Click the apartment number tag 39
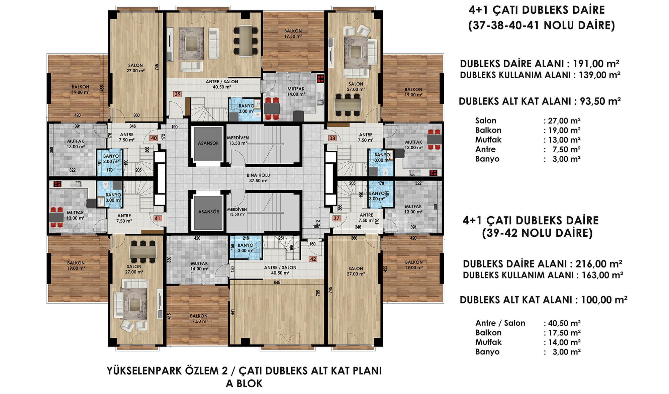[x=178, y=94]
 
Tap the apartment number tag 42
[x=313, y=259]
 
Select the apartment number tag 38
[x=332, y=138]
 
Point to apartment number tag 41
[x=158, y=218]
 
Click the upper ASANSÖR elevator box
[x=208, y=143]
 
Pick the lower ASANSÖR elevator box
[x=208, y=212]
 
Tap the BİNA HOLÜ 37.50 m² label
[x=258, y=178]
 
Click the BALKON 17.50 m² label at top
[x=293, y=33]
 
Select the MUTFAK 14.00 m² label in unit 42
[x=199, y=266]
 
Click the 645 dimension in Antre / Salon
[x=277, y=283]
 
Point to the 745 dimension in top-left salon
[x=157, y=67]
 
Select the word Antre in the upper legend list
[x=485, y=149]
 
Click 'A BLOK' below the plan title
[x=244, y=384]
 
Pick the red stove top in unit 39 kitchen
[x=320, y=79]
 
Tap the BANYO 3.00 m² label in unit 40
[x=111, y=159]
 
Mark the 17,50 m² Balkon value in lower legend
[x=564, y=333]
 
